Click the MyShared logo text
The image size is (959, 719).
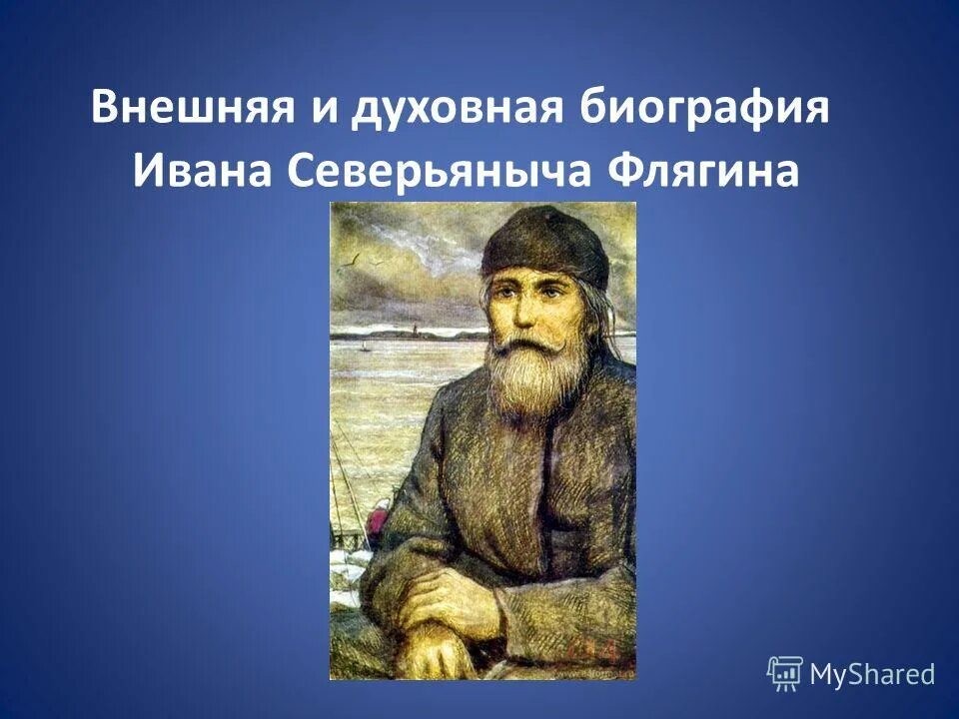click(872, 674)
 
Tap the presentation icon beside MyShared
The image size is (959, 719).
click(785, 674)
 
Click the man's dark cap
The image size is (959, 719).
click(544, 243)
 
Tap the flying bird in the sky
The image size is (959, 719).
click(352, 263)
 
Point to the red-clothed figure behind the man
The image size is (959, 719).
click(378, 520)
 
